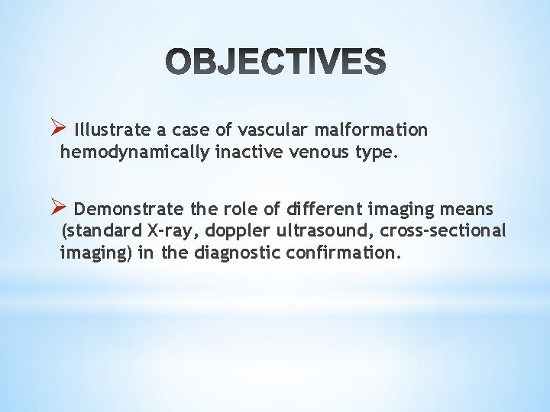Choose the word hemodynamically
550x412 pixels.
pyautogui.click(x=134, y=153)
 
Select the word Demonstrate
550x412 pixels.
pyautogui.click(x=129, y=209)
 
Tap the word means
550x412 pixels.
pyautogui.click(x=467, y=209)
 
